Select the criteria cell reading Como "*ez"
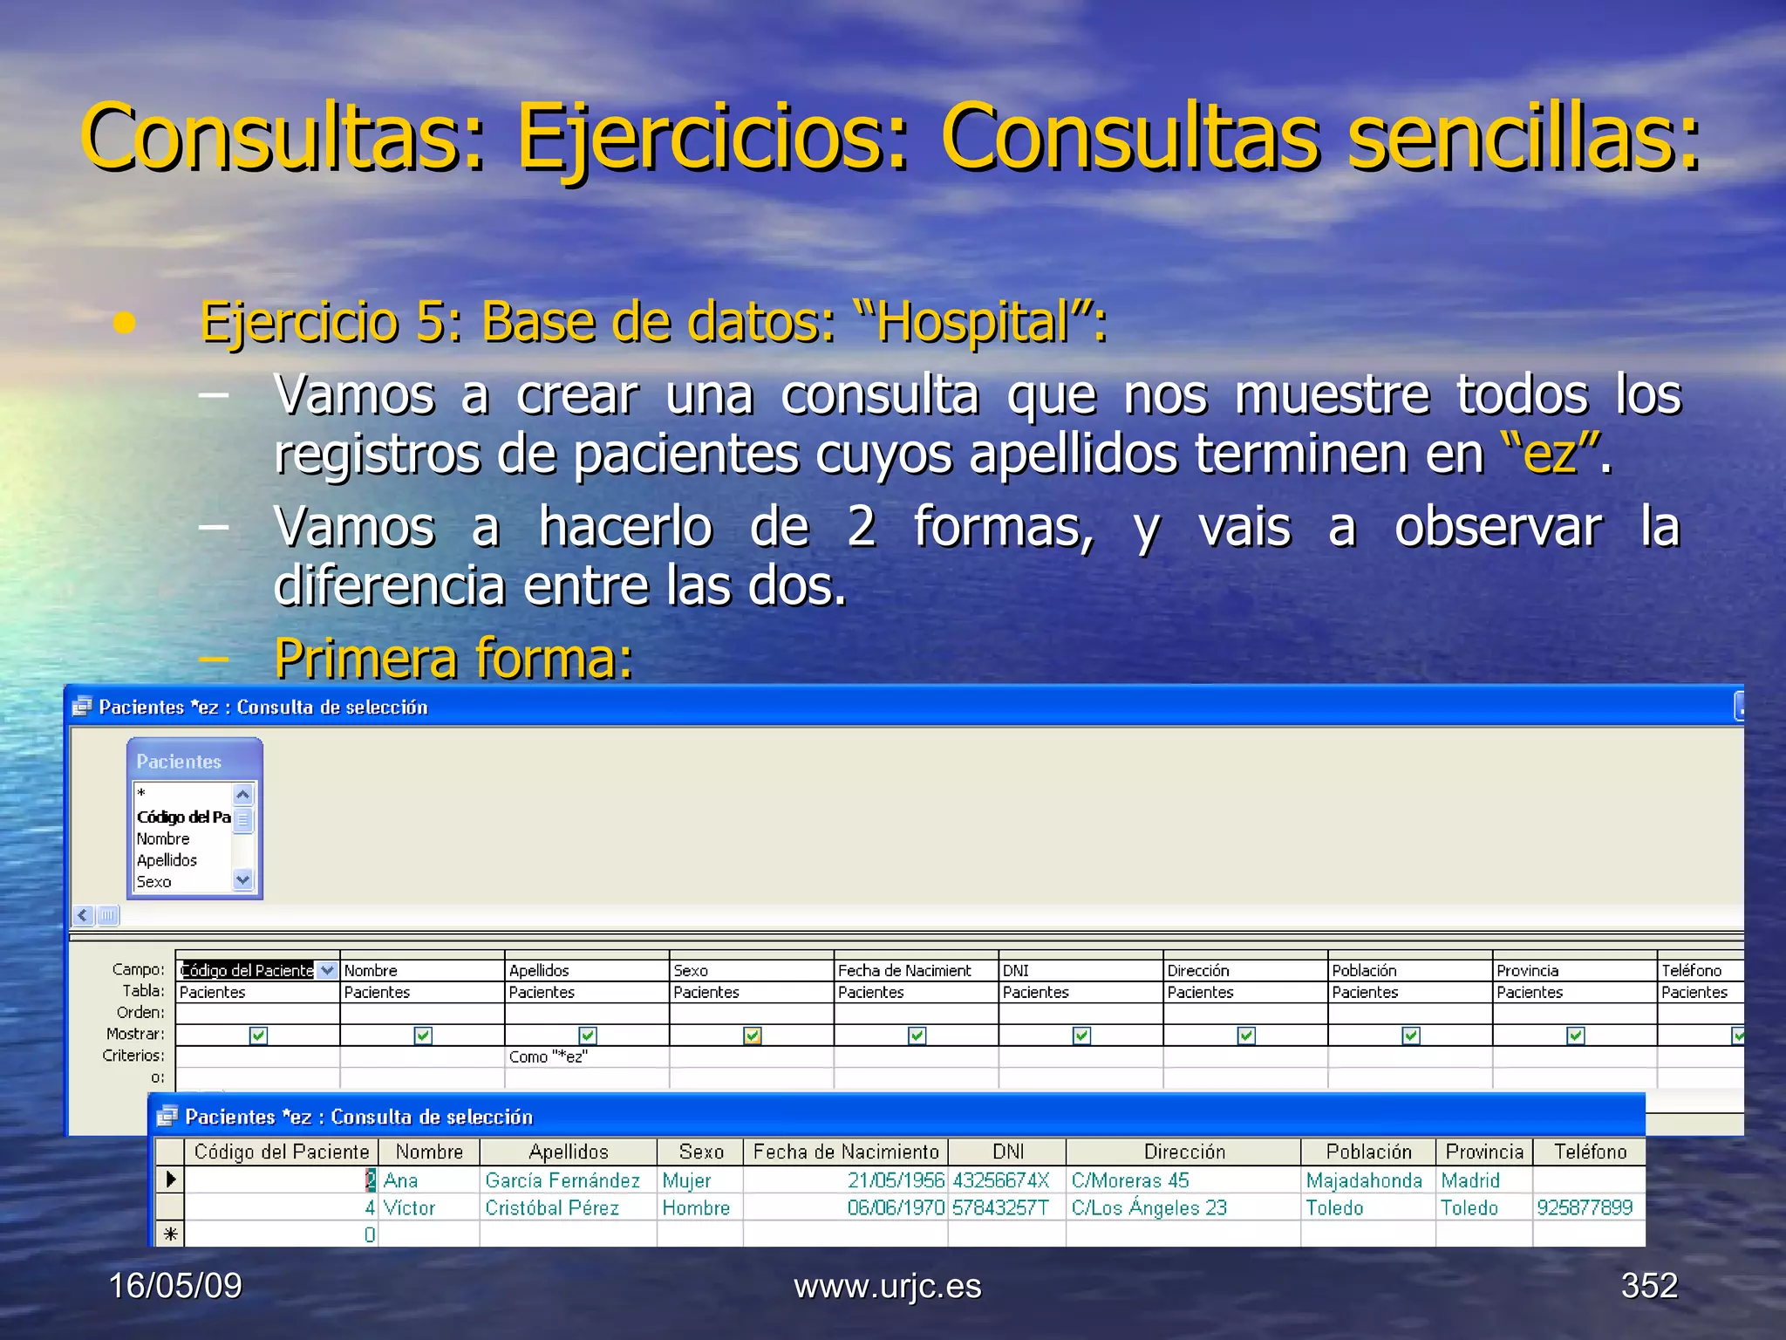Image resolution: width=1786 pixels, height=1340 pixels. [549, 1056]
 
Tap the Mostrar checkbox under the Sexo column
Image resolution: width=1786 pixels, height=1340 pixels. [752, 1036]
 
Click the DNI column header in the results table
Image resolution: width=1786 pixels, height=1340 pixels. [1007, 1152]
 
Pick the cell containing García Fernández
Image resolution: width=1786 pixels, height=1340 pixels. [562, 1180]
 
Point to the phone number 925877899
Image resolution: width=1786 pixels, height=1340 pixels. [1585, 1208]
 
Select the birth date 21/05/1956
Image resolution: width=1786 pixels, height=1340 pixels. [896, 1180]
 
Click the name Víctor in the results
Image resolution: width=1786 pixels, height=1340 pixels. [409, 1208]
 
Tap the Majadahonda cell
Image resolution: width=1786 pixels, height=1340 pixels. [1364, 1180]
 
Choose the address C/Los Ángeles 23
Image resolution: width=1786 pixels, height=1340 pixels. [1149, 1208]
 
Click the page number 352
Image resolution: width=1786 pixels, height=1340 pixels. [1649, 1286]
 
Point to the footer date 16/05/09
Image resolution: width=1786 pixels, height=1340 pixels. [175, 1286]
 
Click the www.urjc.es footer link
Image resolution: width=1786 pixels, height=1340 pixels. [887, 1287]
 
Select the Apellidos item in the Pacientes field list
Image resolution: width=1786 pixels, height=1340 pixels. [167, 860]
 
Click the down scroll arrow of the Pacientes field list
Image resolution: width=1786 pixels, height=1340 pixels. [243, 880]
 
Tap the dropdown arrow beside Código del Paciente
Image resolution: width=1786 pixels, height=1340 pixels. [327, 970]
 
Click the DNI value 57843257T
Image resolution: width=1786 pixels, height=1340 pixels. [1000, 1208]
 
